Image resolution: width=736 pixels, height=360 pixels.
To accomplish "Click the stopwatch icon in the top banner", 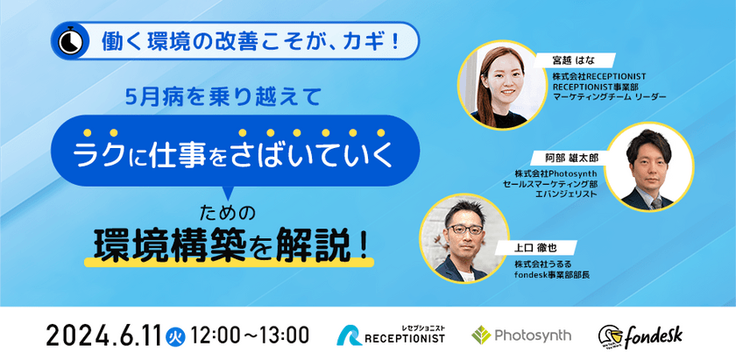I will (x=68, y=41).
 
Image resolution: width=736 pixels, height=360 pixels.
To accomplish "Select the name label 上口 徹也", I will (x=534, y=248).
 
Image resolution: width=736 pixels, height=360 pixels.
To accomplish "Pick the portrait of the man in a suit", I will (x=647, y=166).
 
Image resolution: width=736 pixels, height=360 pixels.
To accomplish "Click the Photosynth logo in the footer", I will (x=520, y=335).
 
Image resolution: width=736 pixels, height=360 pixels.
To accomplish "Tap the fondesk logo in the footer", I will (x=640, y=335).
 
